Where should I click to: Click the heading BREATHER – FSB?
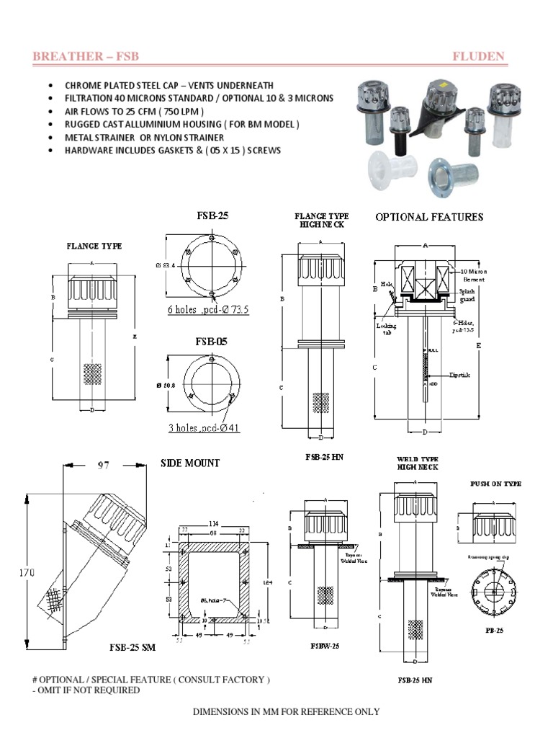click(x=86, y=56)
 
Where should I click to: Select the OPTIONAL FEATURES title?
click(x=429, y=217)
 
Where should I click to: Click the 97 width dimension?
click(x=103, y=466)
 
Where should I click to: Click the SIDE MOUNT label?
click(x=190, y=463)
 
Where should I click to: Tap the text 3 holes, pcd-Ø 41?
click(x=204, y=427)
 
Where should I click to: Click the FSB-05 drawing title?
click(x=212, y=341)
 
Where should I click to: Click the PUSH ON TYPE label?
click(x=495, y=484)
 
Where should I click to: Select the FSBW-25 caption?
click(x=324, y=646)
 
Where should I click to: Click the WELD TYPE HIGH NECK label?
click(x=417, y=463)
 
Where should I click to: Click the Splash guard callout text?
click(x=468, y=295)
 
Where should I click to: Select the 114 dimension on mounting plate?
click(x=212, y=523)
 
